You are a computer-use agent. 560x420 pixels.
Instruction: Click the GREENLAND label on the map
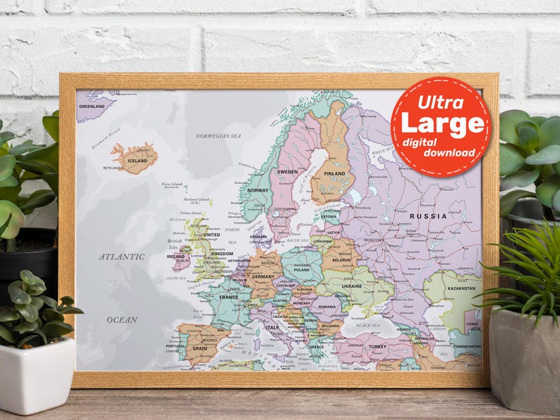pyautogui.click(x=92, y=106)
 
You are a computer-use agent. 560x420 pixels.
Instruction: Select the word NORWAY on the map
pyautogui.click(x=258, y=190)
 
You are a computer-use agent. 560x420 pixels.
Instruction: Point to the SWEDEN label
pyautogui.click(x=288, y=172)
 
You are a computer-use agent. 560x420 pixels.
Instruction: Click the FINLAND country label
pyautogui.click(x=334, y=173)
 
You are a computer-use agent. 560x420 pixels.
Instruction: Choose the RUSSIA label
pyautogui.click(x=429, y=216)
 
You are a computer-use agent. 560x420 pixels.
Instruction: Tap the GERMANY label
pyautogui.click(x=263, y=277)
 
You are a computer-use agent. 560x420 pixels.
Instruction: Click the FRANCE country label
pyautogui.click(x=229, y=297)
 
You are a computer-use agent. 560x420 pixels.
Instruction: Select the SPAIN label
pyautogui.click(x=200, y=348)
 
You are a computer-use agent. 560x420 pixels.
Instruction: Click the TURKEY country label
pyautogui.click(x=378, y=347)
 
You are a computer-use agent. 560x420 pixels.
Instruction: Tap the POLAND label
pyautogui.click(x=302, y=270)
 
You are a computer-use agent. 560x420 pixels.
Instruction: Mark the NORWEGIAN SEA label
pyautogui.click(x=218, y=136)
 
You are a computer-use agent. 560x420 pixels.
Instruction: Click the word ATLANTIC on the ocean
pyautogui.click(x=121, y=257)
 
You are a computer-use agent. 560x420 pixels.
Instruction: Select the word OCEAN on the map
pyautogui.click(x=122, y=320)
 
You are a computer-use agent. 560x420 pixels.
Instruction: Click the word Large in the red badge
pyautogui.click(x=442, y=123)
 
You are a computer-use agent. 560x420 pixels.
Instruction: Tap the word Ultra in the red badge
pyautogui.click(x=441, y=102)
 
